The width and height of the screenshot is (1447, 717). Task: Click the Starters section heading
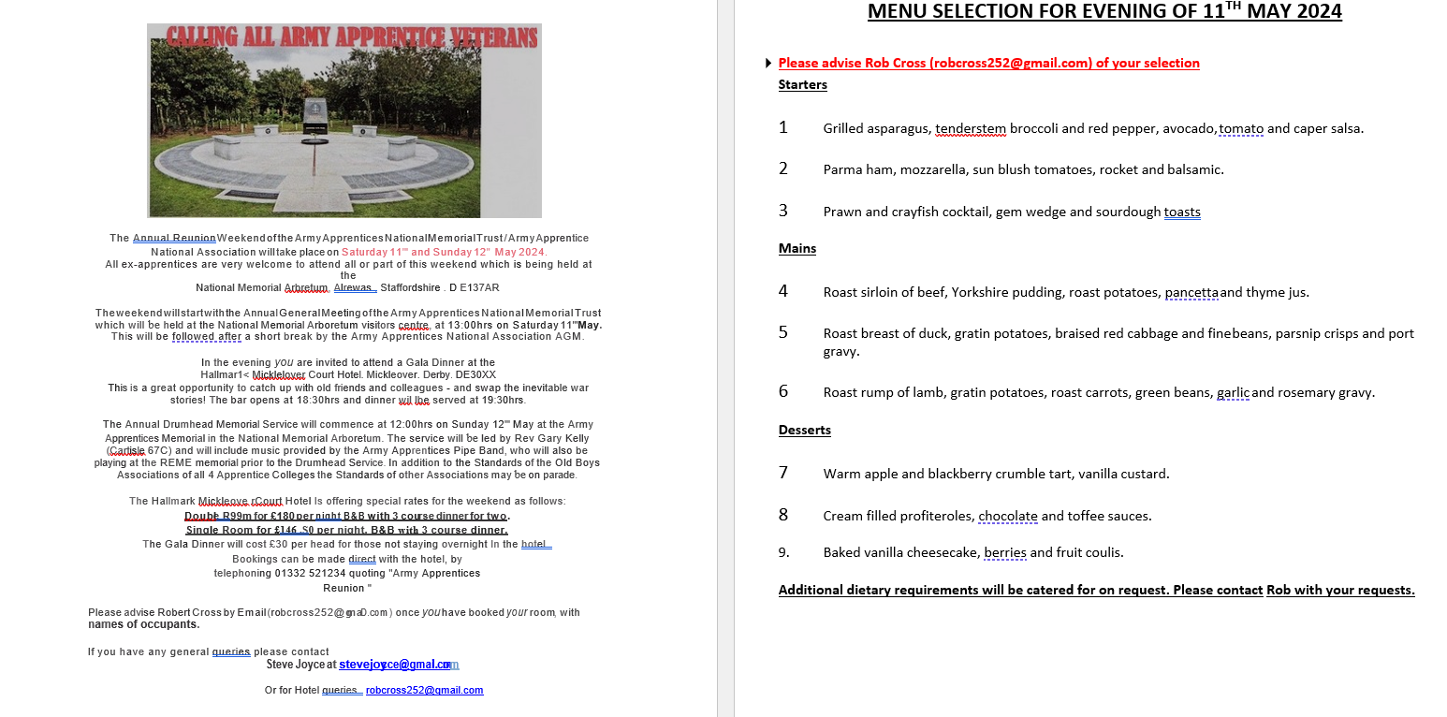coord(802,85)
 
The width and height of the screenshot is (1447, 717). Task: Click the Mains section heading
coord(797,249)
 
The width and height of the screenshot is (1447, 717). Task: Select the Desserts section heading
coord(804,431)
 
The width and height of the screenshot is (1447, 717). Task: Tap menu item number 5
coord(783,332)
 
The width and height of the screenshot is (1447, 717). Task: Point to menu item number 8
coord(783,515)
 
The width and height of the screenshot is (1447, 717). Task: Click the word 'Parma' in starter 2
coord(841,170)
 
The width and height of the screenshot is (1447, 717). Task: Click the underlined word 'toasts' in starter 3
coord(1181,212)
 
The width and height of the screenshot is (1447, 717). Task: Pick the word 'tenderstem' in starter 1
coord(970,129)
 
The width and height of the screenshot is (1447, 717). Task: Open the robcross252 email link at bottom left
coord(424,691)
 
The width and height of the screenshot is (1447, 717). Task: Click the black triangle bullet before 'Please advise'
coord(767,64)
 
